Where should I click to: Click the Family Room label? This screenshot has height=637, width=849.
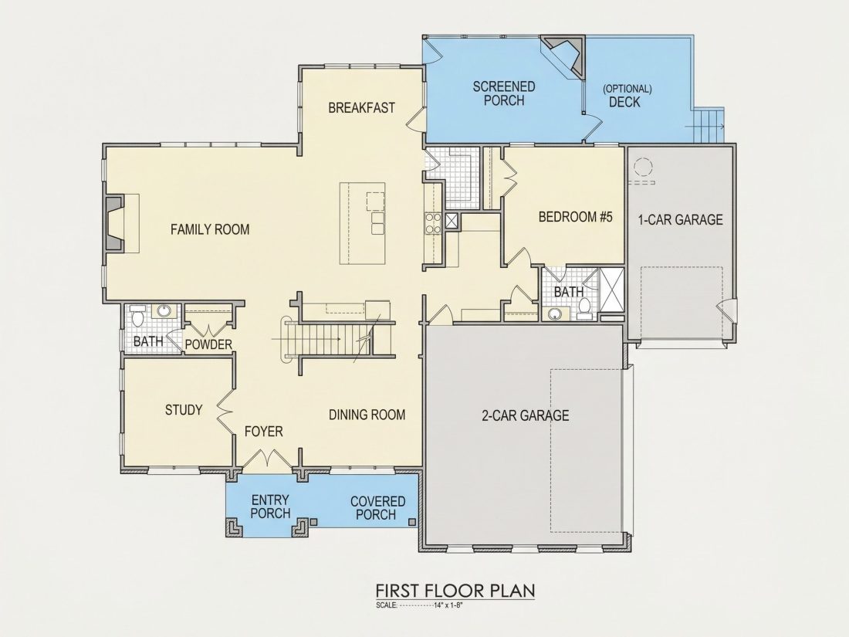click(210, 229)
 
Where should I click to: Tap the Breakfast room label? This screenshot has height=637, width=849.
click(362, 108)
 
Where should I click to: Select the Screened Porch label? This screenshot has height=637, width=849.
click(504, 93)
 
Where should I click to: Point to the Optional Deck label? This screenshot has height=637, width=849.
click(627, 95)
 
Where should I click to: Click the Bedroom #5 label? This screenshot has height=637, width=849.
click(576, 217)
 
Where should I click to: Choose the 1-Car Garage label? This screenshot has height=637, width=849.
click(681, 219)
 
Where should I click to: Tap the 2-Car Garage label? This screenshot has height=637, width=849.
click(525, 415)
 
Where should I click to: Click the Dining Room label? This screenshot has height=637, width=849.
click(367, 415)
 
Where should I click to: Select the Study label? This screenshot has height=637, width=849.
click(184, 410)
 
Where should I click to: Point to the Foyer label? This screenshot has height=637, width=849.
click(264, 432)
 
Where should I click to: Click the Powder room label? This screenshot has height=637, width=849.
click(208, 344)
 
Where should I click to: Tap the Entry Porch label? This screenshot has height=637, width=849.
click(271, 507)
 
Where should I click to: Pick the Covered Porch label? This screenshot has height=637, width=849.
click(377, 508)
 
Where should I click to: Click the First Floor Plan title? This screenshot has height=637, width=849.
click(455, 591)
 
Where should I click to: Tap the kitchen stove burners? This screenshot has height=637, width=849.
click(433, 223)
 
